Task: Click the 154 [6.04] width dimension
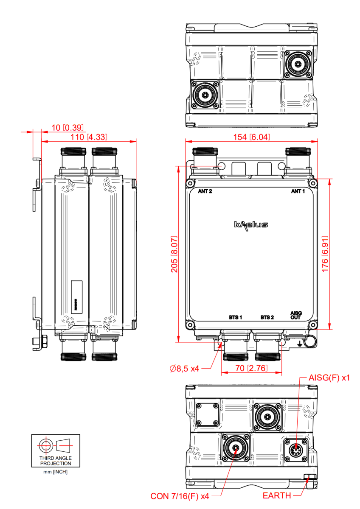point(252,137)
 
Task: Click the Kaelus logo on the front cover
point(251,224)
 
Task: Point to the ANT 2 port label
point(205,191)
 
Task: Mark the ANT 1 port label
point(298,191)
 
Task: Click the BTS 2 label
point(267,317)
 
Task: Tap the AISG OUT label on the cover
point(295,315)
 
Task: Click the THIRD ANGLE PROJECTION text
point(55,461)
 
